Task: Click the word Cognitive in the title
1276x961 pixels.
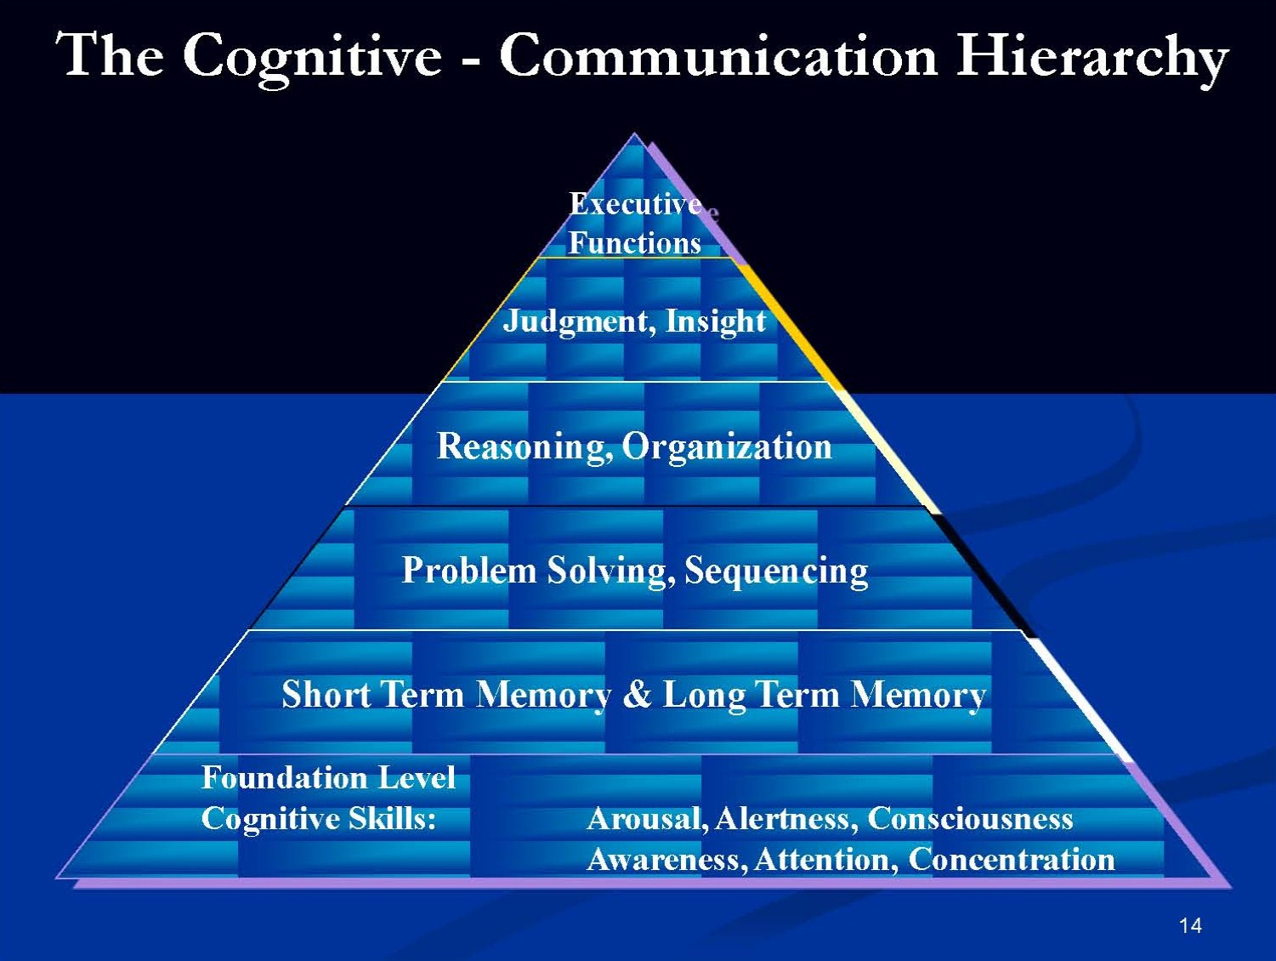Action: tap(312, 56)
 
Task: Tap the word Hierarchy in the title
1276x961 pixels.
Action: tap(1092, 56)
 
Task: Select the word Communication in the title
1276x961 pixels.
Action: tap(717, 56)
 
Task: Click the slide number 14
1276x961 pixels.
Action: tap(1190, 925)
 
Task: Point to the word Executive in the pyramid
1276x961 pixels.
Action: tap(635, 204)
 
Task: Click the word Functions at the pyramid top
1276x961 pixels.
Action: tap(635, 243)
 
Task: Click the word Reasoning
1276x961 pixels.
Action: tap(525, 446)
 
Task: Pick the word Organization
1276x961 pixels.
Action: tap(727, 446)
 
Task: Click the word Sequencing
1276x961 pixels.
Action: tap(776, 571)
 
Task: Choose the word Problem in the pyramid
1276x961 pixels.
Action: tap(468, 571)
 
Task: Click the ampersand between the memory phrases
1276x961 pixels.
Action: tap(637, 695)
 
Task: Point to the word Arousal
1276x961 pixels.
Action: tap(646, 818)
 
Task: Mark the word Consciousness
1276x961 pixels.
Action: tap(970, 818)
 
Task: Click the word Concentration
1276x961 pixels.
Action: tap(1012, 859)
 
